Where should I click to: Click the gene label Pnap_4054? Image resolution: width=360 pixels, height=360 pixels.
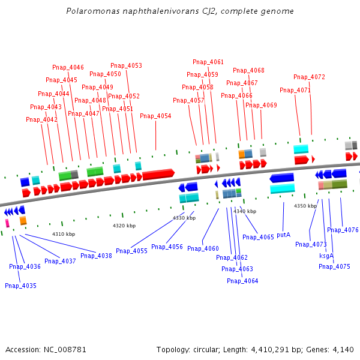click(x=155, y=116)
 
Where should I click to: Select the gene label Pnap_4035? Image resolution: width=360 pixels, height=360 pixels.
click(x=20, y=286)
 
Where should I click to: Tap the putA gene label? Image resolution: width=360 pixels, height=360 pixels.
click(x=283, y=235)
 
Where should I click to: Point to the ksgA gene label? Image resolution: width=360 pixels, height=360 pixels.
click(x=326, y=255)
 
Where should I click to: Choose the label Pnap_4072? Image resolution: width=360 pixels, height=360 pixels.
click(x=309, y=77)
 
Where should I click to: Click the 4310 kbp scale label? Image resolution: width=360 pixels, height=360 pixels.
click(x=64, y=234)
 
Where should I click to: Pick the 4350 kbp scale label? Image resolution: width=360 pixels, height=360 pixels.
click(x=305, y=206)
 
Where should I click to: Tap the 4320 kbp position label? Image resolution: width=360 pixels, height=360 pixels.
click(x=124, y=226)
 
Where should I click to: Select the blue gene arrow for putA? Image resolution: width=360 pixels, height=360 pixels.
click(x=282, y=178)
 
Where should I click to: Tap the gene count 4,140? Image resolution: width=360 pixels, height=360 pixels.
click(x=343, y=349)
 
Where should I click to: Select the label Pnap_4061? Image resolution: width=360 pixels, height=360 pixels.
click(x=208, y=62)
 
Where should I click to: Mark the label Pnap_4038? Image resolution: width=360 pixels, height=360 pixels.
click(x=96, y=256)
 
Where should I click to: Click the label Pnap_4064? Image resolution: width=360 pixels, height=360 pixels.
click(x=242, y=281)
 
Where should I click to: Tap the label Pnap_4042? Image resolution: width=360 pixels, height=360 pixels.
click(x=41, y=119)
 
